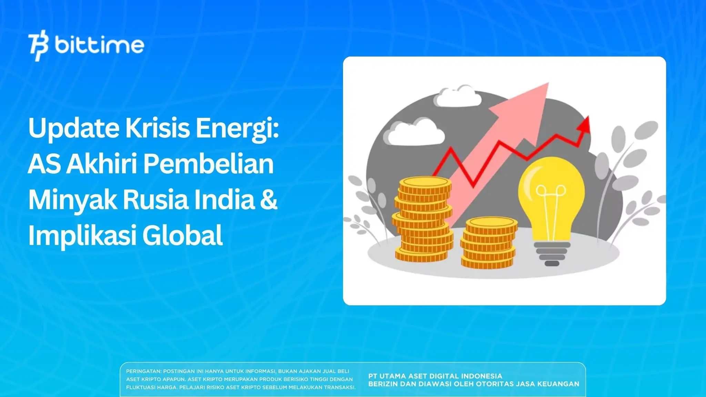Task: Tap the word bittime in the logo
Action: [x=99, y=45]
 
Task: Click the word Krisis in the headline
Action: [x=157, y=128]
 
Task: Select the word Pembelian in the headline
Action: [x=208, y=164]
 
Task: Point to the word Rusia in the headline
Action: [x=155, y=200]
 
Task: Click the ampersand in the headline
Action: [x=269, y=200]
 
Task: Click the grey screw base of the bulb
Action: [x=552, y=253]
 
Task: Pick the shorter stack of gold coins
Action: [x=488, y=243]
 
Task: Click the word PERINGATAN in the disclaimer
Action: [x=143, y=371]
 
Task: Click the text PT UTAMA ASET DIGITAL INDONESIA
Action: [x=435, y=376]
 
